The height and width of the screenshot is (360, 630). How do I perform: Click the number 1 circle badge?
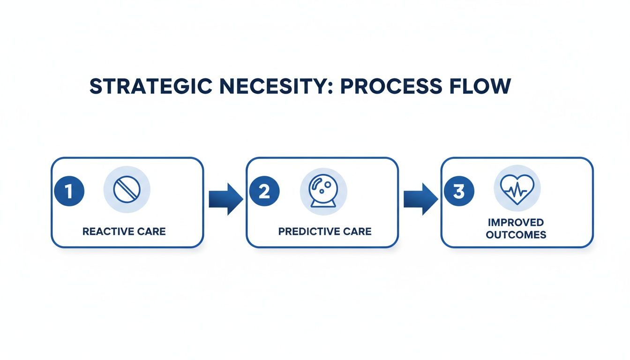(x=69, y=191)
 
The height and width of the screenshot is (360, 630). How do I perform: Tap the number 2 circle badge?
(x=264, y=191)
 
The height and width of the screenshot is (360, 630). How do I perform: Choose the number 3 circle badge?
(x=459, y=191)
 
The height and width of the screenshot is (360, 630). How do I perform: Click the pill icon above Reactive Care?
(x=127, y=189)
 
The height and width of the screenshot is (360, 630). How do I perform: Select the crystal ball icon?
(x=323, y=189)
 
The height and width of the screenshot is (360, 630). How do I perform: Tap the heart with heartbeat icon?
(x=517, y=189)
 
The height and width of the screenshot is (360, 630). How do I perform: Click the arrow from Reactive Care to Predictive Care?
(x=225, y=199)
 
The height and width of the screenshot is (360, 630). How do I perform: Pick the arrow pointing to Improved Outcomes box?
(x=420, y=199)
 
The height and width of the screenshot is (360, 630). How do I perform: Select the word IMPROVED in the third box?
(x=516, y=222)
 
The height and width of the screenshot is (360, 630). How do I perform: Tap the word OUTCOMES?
(x=516, y=235)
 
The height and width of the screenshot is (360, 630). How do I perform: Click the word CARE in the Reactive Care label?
(x=151, y=232)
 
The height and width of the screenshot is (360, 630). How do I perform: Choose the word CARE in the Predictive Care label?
(x=356, y=232)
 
